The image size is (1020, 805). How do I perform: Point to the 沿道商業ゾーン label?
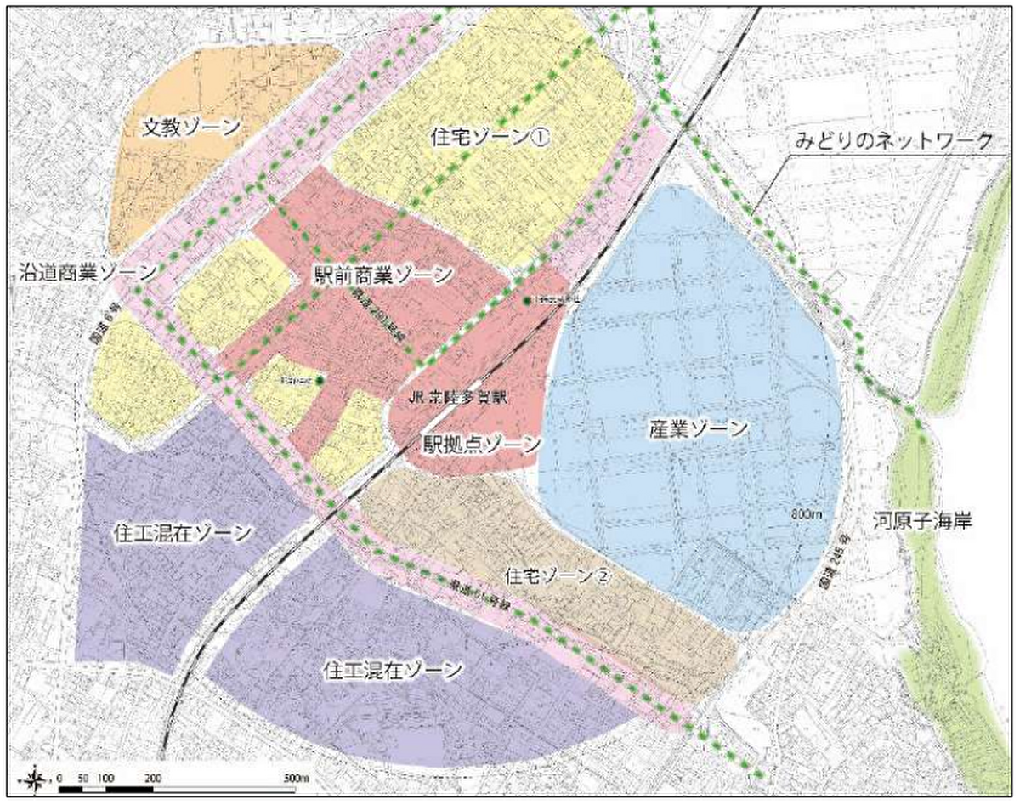coord(88,272)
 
